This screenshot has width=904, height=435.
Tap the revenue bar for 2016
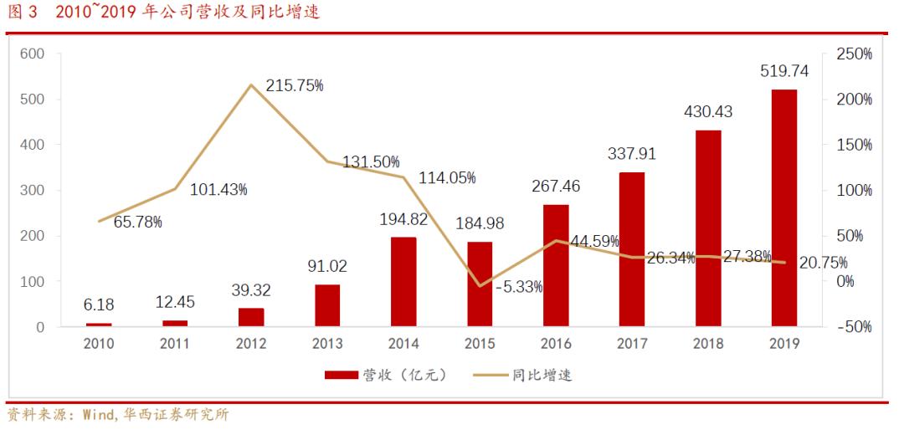[x=556, y=265]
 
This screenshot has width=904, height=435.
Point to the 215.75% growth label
[x=295, y=86]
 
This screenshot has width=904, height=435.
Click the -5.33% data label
[x=518, y=287]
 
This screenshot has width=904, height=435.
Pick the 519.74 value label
[x=784, y=72]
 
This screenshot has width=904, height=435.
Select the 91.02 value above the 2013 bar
[x=328, y=267]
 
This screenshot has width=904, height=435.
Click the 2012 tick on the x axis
[x=251, y=344]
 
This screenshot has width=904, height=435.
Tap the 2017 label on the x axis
[x=632, y=344]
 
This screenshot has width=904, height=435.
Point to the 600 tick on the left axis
[x=33, y=54]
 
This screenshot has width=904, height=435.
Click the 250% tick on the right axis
[x=854, y=54]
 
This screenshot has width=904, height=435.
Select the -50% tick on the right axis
[x=854, y=326]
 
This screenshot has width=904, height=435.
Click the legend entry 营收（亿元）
[x=388, y=375]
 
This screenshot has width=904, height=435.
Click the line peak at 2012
[x=252, y=84]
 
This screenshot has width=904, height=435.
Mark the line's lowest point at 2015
[x=480, y=286]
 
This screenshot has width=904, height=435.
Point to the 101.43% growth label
[x=218, y=190]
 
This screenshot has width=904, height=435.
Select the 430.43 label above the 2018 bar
[x=708, y=112]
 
